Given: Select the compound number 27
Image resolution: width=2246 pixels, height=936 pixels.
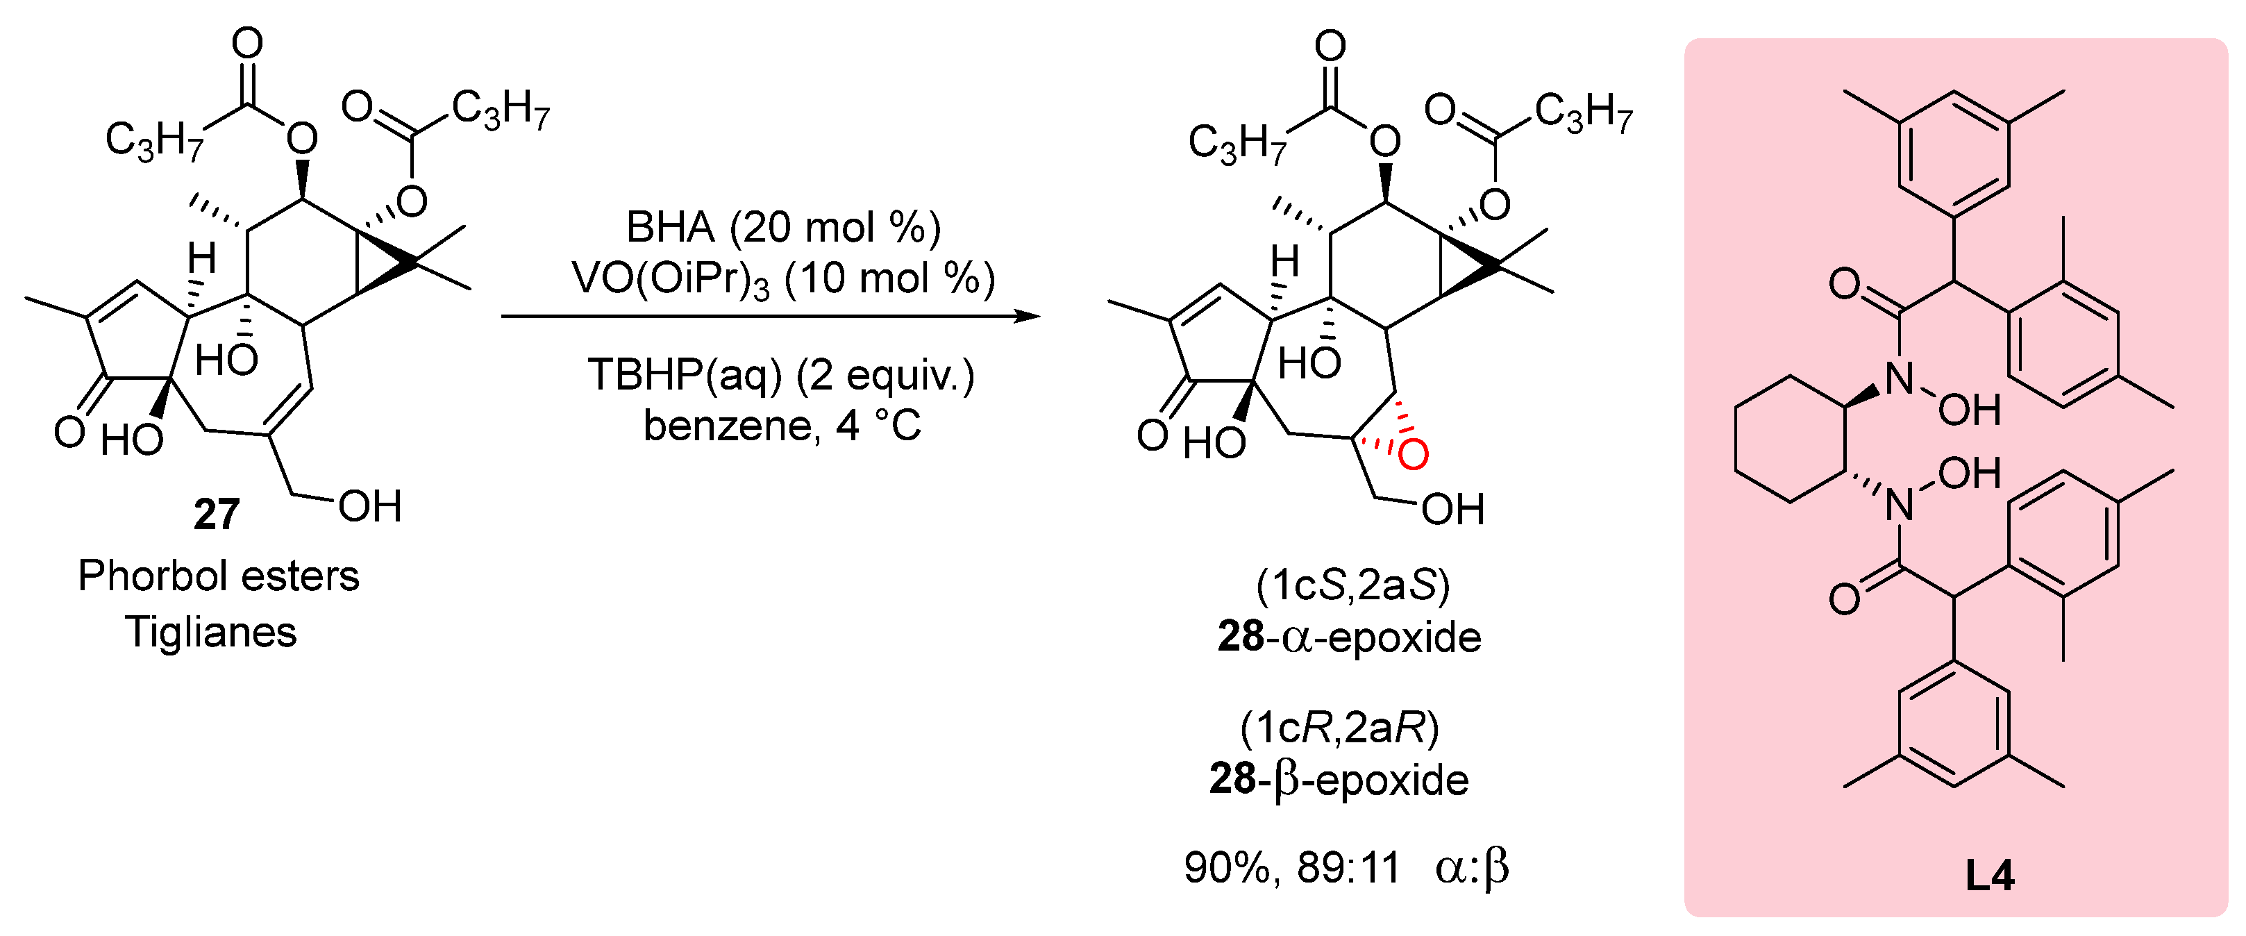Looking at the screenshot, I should [216, 514].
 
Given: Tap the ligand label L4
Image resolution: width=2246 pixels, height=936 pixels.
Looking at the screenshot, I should [1989, 875].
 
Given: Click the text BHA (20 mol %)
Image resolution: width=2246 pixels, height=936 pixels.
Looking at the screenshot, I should [783, 228].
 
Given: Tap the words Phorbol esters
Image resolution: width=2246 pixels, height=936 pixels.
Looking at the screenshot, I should [218, 576].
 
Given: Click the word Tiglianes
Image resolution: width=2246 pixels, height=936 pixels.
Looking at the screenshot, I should [211, 632].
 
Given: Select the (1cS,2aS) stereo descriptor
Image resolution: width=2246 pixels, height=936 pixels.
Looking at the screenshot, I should [1352, 585].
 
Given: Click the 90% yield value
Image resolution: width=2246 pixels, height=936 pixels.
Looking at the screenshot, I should [1230, 868].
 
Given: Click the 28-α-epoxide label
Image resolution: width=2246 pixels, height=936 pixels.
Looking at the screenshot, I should [1349, 637].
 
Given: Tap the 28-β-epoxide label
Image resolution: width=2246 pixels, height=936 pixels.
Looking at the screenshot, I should [1339, 779].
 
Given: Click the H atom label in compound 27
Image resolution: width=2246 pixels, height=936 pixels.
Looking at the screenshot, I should [201, 258].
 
